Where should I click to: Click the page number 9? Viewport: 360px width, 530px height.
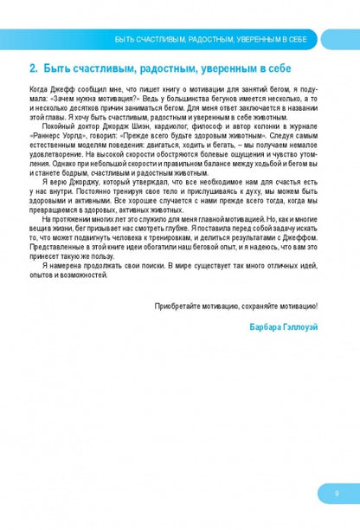click(x=335, y=493)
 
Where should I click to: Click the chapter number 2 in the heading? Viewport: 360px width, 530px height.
click(x=32, y=68)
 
